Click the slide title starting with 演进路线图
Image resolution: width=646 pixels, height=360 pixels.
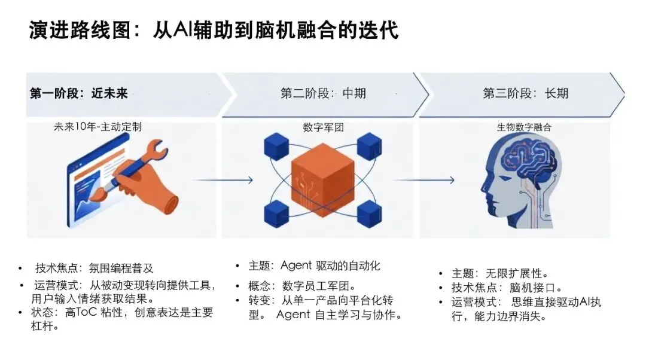(214, 30)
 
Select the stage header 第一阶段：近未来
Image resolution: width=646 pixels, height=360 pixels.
(78, 93)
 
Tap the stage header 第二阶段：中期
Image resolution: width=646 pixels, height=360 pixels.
(323, 93)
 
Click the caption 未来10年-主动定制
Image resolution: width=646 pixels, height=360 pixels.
(98, 127)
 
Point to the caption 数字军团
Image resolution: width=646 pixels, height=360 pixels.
(324, 127)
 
